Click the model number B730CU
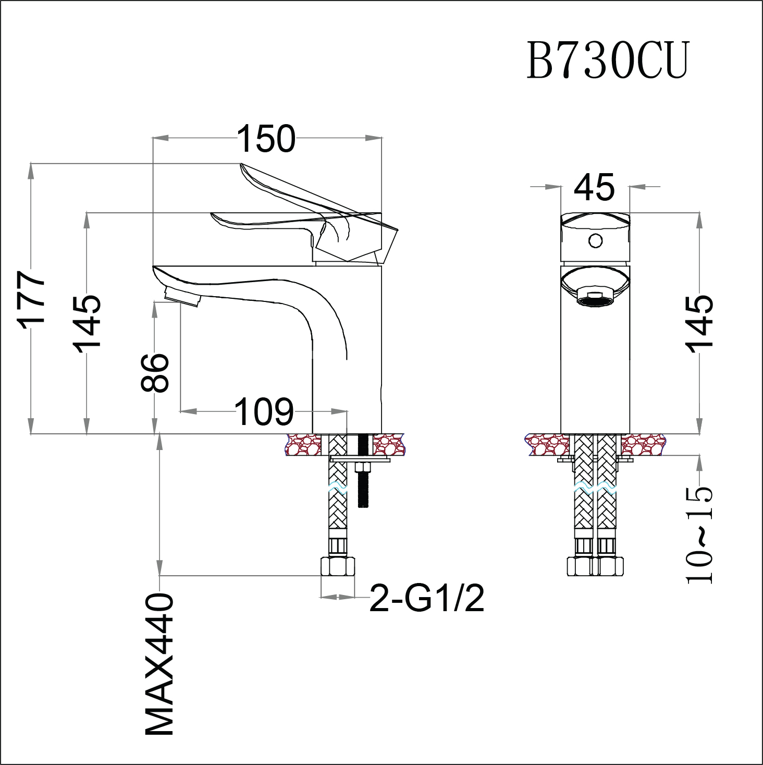tap(608, 61)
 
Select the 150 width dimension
tap(266, 139)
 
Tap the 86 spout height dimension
tap(155, 372)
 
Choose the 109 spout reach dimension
tap(264, 412)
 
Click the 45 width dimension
tap(594, 187)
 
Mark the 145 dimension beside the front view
tap(699, 324)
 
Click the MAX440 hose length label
tap(159, 664)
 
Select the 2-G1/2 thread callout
tap(427, 598)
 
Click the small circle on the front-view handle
tap(595, 241)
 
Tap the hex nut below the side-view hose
tap(338, 566)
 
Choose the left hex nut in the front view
tap(580, 566)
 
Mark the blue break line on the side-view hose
tap(338, 489)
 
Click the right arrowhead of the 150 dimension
tap(374, 138)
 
